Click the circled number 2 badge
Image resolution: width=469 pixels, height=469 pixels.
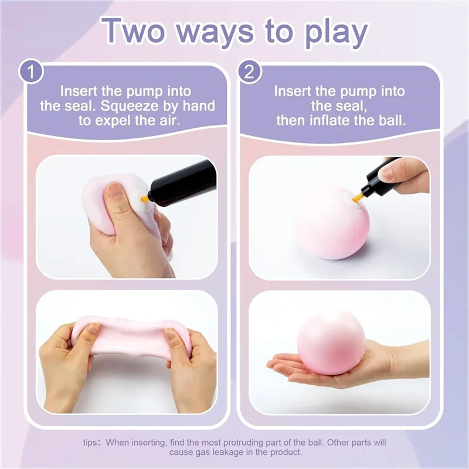[249, 73]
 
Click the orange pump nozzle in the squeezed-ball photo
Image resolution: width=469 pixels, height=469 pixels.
[144, 199]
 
